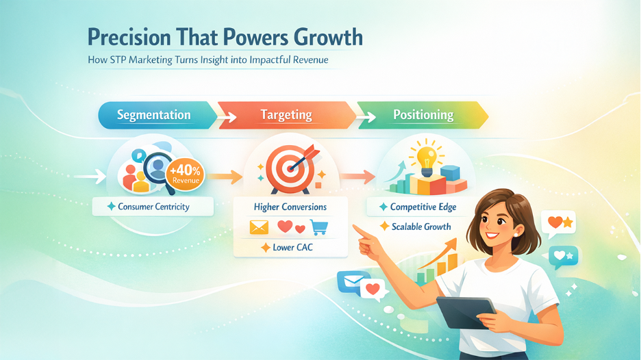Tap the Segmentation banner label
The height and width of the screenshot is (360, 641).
pyautogui.click(x=154, y=115)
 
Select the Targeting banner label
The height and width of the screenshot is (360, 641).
pyautogui.click(x=286, y=115)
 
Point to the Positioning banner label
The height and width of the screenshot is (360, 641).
pyautogui.click(x=423, y=115)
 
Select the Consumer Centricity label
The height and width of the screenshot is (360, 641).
pyautogui.click(x=153, y=206)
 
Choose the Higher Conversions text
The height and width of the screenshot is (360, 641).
pyautogui.click(x=290, y=207)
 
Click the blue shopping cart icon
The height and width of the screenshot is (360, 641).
pyautogui.click(x=318, y=227)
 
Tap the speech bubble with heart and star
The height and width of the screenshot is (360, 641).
pyautogui.click(x=558, y=222)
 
